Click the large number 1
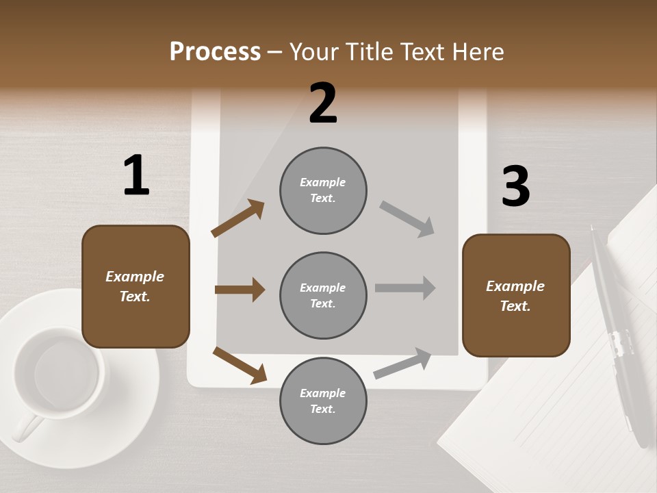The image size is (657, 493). tap(136, 176)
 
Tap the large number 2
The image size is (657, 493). tap(323, 104)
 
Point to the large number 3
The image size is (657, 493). tap(516, 187)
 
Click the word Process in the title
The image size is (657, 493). tap(215, 51)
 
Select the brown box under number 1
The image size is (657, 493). tap(136, 286)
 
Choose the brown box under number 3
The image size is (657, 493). tap(516, 296)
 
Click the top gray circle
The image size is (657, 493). tap(323, 190)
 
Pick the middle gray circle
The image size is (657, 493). tap(323, 295)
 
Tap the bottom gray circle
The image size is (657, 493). tap(323, 401)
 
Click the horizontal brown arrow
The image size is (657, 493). tap(240, 290)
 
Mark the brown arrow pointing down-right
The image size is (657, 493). tap(240, 365)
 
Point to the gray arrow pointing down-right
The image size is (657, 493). tap(407, 218)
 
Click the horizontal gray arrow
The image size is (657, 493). tap(405, 288)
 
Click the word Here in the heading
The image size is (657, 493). tap(476, 51)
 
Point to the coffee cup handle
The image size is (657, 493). tap(25, 428)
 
